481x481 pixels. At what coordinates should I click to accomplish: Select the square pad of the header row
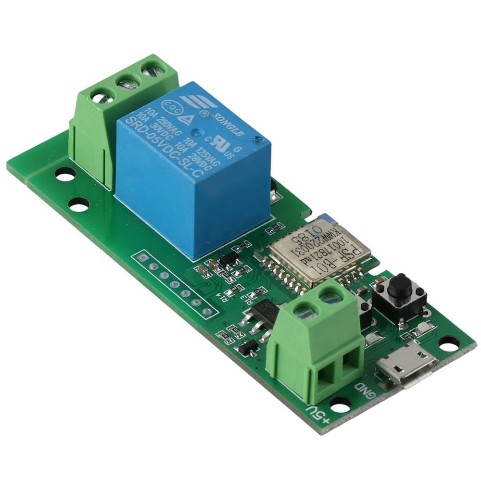142,258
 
